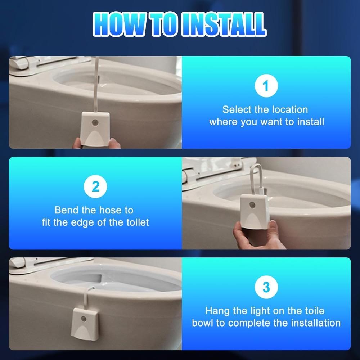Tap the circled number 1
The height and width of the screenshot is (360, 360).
266,86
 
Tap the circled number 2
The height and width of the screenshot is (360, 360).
95,186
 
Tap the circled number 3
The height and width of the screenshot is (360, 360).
266,287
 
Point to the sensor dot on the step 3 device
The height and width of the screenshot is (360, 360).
84,319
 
